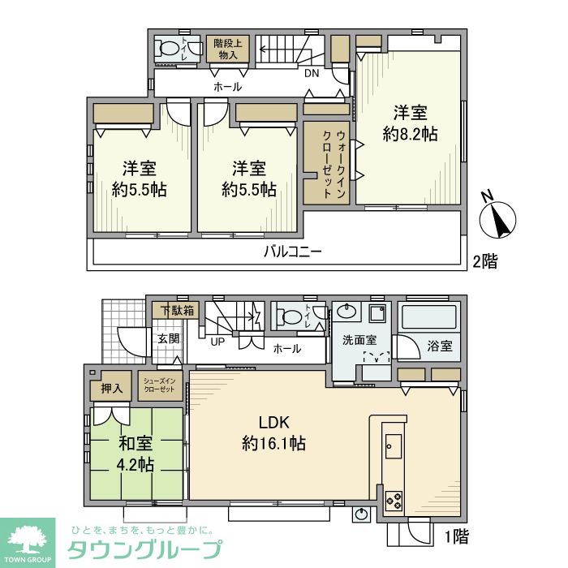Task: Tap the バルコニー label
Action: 292,252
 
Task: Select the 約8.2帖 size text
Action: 411,134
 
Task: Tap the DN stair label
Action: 312,73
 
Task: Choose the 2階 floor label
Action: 485,261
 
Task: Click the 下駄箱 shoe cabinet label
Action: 176,310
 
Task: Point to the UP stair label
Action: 217,342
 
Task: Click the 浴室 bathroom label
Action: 440,346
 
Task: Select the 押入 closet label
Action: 111,389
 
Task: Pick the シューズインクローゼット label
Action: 159,385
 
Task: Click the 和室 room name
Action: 135,445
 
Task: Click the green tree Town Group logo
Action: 28,542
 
